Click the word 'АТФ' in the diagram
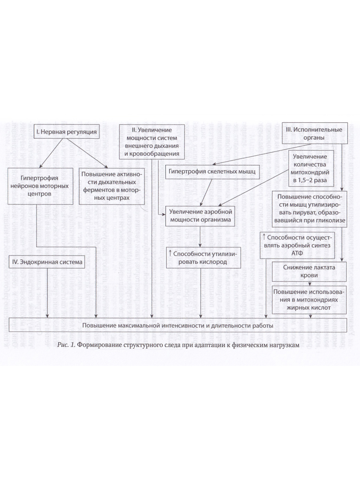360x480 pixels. (x=297, y=253)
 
